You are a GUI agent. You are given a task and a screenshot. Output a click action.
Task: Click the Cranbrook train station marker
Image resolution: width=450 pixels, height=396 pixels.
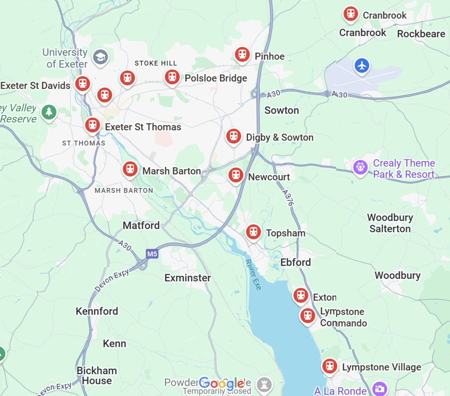pyautogui.click(x=350, y=14)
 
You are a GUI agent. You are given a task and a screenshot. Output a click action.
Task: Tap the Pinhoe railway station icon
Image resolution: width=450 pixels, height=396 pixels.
pyautogui.click(x=242, y=54)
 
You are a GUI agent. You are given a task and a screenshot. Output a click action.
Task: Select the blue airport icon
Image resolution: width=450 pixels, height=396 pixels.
pyautogui.click(x=362, y=65)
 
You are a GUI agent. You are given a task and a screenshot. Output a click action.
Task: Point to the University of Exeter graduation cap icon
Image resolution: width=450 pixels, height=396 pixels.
pyautogui.click(x=100, y=57)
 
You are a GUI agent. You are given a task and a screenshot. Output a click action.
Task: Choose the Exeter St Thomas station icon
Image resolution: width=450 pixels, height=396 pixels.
pyautogui.click(x=93, y=125)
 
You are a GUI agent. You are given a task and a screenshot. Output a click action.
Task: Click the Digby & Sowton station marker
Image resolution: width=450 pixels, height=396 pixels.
pyautogui.click(x=234, y=136)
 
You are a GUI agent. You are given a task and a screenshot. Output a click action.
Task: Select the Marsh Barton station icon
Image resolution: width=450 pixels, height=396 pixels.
pyautogui.click(x=130, y=169)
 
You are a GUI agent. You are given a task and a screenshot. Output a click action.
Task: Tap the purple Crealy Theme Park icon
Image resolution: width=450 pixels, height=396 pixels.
pyautogui.click(x=360, y=167)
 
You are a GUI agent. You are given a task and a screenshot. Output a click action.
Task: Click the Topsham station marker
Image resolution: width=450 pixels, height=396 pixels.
pyautogui.click(x=253, y=232)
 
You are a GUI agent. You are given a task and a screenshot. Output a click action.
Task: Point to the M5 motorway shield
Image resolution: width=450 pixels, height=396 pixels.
pyautogui.click(x=152, y=254)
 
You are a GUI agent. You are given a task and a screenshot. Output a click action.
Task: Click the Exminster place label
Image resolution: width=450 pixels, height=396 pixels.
pyautogui.click(x=187, y=278)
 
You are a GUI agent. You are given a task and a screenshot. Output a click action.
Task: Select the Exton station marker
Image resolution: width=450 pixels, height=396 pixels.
pyautogui.click(x=300, y=295)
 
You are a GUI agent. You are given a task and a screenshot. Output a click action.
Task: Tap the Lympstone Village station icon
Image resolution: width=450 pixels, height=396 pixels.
pyautogui.click(x=329, y=366)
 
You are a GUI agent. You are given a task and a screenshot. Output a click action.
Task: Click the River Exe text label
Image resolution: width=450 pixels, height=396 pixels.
pyautogui.click(x=254, y=274)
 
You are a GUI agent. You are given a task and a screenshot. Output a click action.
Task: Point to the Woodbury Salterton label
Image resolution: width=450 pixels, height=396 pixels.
pyautogui.click(x=390, y=223)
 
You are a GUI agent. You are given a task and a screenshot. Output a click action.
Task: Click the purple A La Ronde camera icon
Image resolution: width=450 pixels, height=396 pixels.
pyautogui.click(x=380, y=389)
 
